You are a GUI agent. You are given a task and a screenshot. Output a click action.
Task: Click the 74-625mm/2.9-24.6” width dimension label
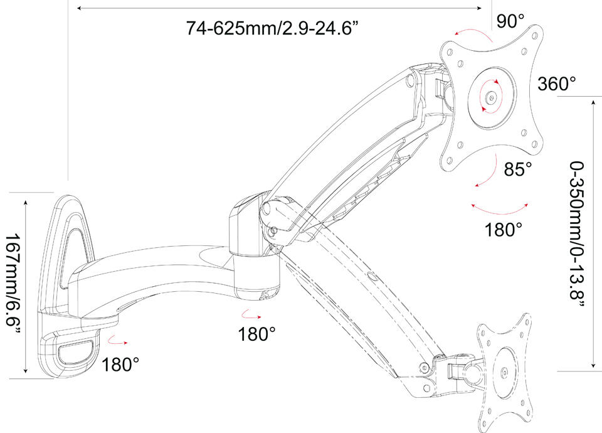pyautogui.click(x=273, y=28)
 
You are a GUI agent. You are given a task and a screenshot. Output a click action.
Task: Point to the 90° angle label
pyautogui.click(x=510, y=21)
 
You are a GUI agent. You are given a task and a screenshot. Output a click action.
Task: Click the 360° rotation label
pyautogui.click(x=557, y=83)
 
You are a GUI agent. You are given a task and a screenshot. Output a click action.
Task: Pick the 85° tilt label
pyautogui.click(x=518, y=169)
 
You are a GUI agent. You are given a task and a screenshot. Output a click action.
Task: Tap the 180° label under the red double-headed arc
pyautogui.click(x=504, y=230)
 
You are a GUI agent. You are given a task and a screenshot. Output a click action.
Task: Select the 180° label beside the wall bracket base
pyautogui.click(x=120, y=364)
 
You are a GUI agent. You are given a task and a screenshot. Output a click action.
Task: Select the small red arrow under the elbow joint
pyautogui.click(x=251, y=315)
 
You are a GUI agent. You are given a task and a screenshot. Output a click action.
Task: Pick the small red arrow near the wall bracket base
pyautogui.click(x=117, y=341)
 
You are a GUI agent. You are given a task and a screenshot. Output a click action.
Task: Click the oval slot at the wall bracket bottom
pyautogui.click(x=76, y=352)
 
